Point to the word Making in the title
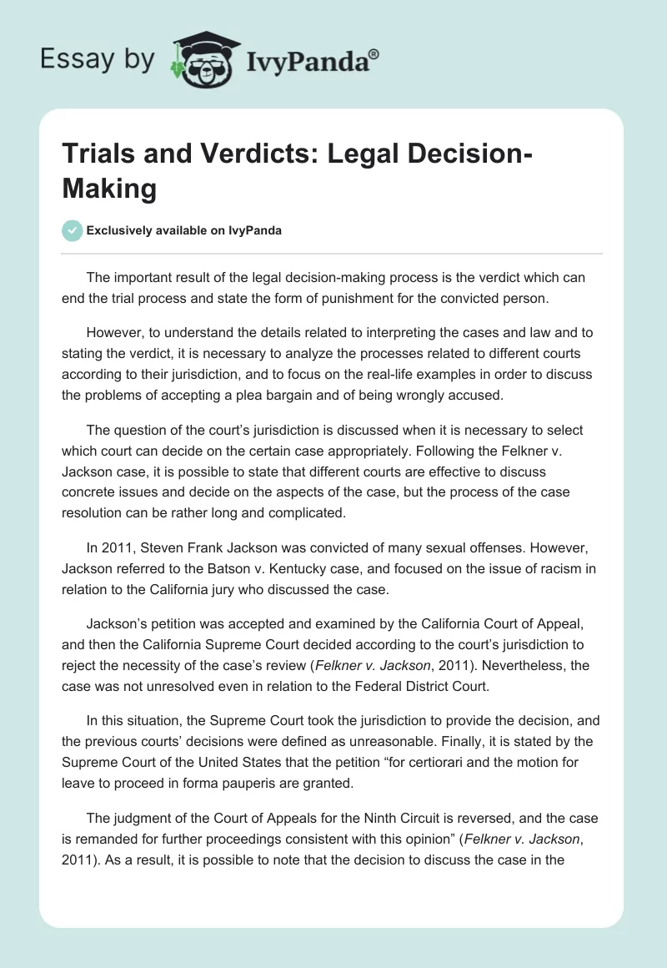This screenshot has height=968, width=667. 109,189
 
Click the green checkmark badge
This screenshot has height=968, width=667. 73,230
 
